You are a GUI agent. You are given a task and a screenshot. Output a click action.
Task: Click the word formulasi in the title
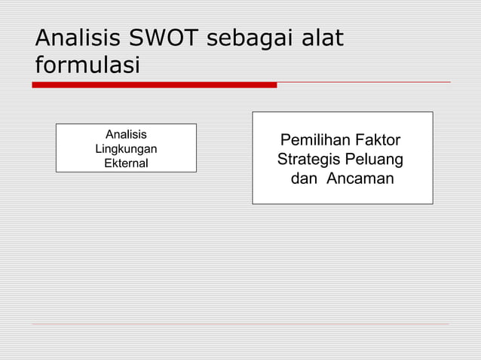(87, 65)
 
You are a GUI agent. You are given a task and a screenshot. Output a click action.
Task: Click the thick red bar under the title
(154, 85)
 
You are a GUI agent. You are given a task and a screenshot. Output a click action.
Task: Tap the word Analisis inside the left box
(126, 135)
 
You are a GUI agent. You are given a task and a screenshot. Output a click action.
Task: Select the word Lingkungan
(126, 148)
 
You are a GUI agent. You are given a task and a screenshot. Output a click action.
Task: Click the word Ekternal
(126, 163)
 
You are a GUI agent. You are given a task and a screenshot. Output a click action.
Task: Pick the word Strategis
(309, 160)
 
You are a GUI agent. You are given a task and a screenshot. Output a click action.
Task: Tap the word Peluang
(375, 160)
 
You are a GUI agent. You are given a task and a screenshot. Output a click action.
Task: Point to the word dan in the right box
(304, 179)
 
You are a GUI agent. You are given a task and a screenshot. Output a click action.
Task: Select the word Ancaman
(360, 179)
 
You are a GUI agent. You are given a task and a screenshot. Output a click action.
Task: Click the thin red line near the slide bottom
(240, 325)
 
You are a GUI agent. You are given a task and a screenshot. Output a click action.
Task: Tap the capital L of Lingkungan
(98, 148)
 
